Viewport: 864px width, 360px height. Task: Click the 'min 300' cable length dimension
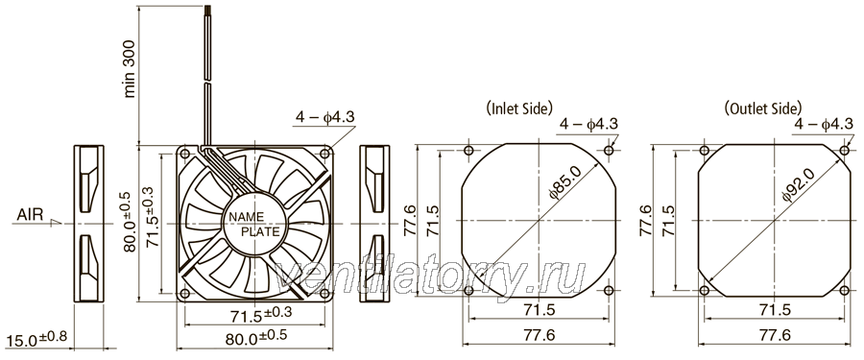pos(130,69)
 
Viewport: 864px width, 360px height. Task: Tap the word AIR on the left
pos(30,214)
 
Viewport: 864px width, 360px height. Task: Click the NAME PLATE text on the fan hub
pos(254,224)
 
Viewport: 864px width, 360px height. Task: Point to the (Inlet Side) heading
pos(519,108)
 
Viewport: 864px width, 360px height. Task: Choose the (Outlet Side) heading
pos(763,108)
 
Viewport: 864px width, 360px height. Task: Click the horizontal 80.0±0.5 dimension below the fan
pos(256,336)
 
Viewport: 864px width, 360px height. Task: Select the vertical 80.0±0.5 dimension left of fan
pos(129,221)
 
